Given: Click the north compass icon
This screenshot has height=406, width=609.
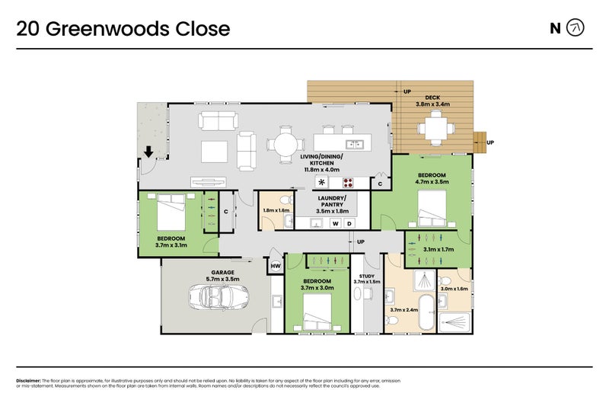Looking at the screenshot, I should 577,29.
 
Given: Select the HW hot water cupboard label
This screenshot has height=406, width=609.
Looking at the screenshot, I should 276,267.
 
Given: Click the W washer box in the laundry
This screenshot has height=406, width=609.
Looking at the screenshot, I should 335,223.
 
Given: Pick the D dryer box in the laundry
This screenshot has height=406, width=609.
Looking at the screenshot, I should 349,223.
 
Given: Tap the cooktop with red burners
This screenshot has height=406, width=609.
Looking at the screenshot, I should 349,183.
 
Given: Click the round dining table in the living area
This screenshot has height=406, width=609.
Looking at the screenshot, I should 284,143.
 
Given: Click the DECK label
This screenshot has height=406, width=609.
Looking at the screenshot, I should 432,97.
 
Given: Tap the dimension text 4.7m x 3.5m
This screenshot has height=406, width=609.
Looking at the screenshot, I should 432,182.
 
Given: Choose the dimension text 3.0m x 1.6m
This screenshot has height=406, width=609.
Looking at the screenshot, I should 454,289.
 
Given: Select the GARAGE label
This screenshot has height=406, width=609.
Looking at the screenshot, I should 222,272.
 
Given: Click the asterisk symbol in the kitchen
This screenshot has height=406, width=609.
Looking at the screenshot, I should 321,183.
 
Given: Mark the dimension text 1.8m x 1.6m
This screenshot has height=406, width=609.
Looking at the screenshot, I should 276,210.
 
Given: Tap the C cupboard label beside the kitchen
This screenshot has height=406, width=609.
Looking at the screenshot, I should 380,184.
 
